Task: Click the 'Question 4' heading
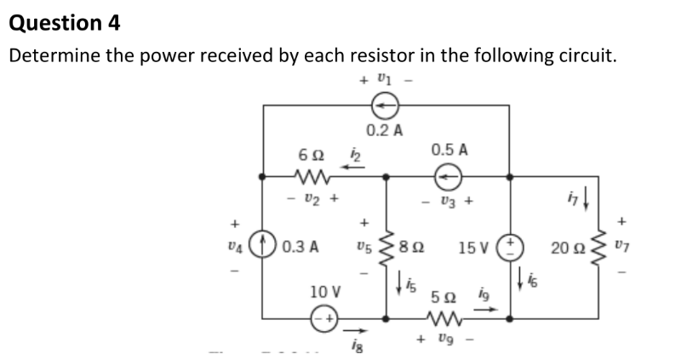click(x=65, y=23)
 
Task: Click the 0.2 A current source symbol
click(x=386, y=105)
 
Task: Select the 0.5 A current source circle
click(x=449, y=177)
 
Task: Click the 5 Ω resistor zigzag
click(x=448, y=320)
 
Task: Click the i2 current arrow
click(x=353, y=166)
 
